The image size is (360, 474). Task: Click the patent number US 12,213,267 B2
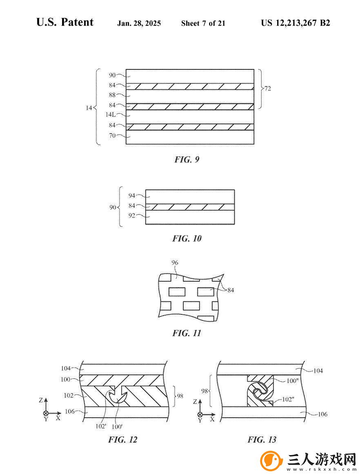point(296,23)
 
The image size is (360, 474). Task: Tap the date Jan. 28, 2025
point(139,23)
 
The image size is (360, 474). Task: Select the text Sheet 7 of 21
point(203,23)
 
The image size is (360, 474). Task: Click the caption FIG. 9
point(187,159)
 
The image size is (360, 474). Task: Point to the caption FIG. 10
point(187,238)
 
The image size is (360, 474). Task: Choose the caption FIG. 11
point(187,333)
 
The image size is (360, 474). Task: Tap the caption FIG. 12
point(123,440)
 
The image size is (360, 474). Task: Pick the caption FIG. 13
point(262,440)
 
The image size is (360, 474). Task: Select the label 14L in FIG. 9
point(111,115)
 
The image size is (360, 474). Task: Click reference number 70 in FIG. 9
point(112,136)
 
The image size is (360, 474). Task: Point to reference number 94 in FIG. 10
point(132,196)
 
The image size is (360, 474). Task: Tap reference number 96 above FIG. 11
point(175,263)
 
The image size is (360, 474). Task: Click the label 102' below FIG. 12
point(101,427)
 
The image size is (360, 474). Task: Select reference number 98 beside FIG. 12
point(180,396)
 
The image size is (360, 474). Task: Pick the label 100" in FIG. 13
point(292,381)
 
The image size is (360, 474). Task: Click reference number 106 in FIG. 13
point(322,414)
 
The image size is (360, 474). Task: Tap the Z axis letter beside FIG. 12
point(41,400)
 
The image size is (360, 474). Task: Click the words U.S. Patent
point(64,22)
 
